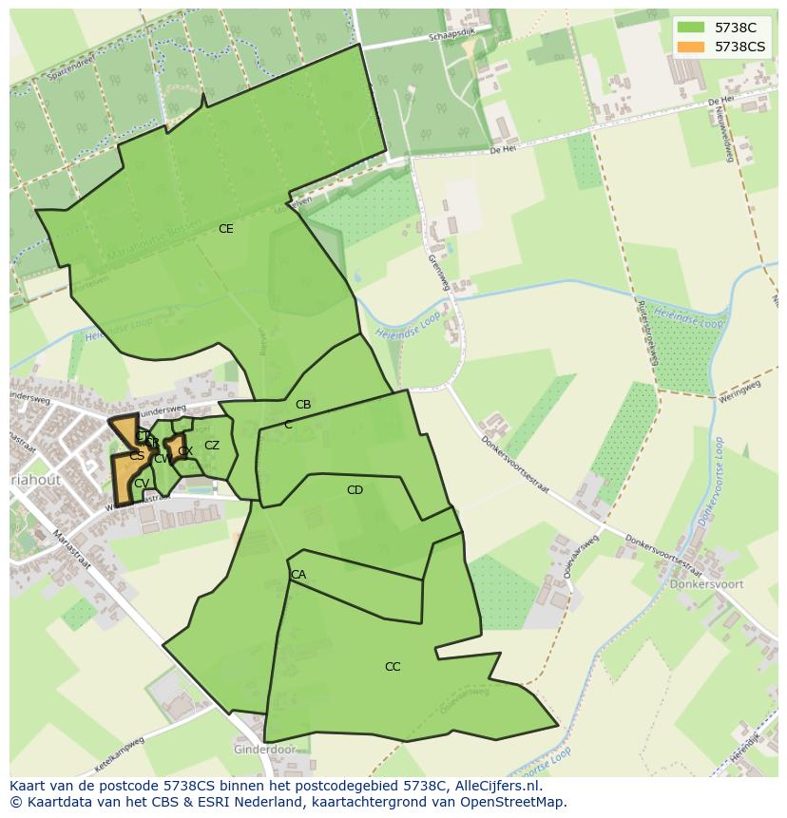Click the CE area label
click(225, 229)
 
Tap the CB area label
click(303, 405)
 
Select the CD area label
click(355, 490)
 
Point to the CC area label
click(393, 667)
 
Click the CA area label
click(298, 575)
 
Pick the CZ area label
click(212, 446)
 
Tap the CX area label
click(185, 451)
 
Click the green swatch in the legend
click(691, 28)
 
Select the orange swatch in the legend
click(691, 47)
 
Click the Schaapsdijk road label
click(451, 31)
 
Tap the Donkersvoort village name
click(706, 584)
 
